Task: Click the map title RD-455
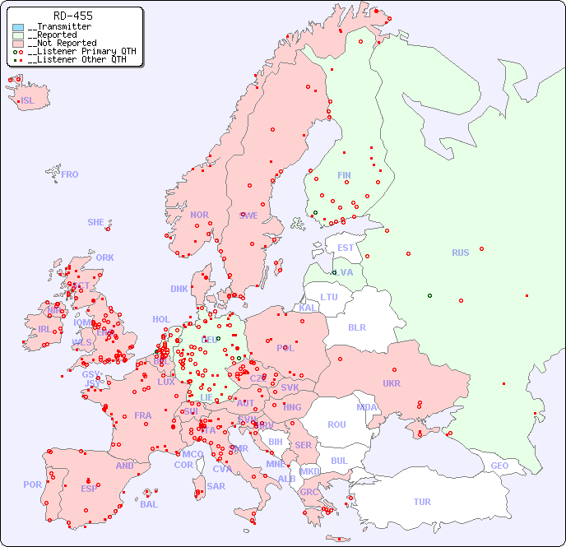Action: click(72, 16)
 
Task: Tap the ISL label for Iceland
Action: click(28, 101)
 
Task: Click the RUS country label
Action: click(460, 253)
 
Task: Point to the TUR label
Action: click(422, 502)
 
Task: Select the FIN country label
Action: click(344, 175)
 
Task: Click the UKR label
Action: click(392, 383)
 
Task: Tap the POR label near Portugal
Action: click(32, 484)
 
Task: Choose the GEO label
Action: click(499, 466)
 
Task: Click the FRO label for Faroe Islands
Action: click(70, 174)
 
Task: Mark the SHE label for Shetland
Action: click(96, 222)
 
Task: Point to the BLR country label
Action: click(356, 327)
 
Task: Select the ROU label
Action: click(336, 424)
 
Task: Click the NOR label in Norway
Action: click(199, 215)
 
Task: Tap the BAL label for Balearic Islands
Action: click(148, 504)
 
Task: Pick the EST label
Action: click(346, 248)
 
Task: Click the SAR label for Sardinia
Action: click(216, 486)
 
